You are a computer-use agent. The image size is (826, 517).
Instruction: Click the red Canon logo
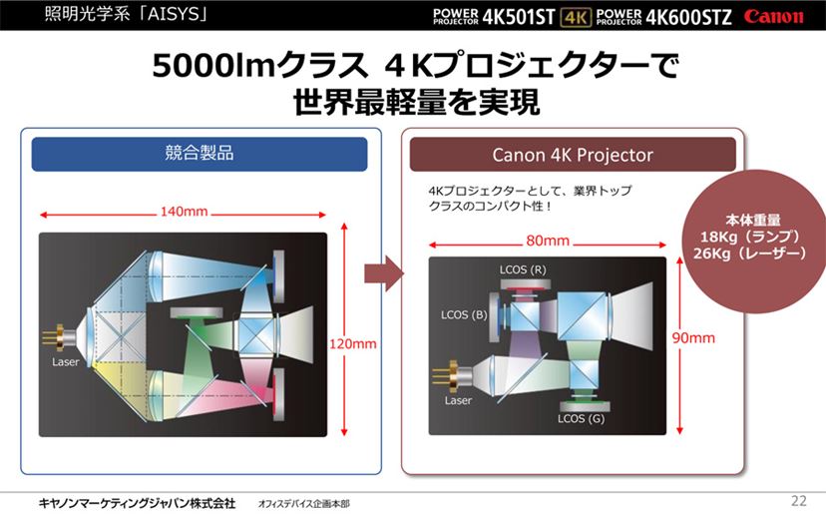click(x=773, y=17)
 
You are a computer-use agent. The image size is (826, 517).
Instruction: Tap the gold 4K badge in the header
click(x=576, y=17)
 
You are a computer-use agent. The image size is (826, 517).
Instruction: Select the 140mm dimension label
click(x=184, y=212)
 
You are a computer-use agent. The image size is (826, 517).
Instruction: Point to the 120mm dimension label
click(x=353, y=344)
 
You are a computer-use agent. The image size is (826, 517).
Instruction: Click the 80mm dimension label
click(x=548, y=241)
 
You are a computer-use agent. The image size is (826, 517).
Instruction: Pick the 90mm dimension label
click(x=693, y=337)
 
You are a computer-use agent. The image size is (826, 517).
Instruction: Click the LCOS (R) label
click(x=523, y=269)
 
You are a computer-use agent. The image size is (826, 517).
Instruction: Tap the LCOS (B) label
click(x=464, y=315)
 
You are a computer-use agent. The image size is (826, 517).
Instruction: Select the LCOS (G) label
click(x=581, y=419)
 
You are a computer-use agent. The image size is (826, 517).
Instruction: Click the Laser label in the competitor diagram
click(x=65, y=362)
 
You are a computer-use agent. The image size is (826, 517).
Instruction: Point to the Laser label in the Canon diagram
click(x=458, y=400)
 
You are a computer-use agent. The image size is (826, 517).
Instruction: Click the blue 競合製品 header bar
click(x=200, y=154)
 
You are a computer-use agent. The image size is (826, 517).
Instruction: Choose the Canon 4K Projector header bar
click(x=573, y=155)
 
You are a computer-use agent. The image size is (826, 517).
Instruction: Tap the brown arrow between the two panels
click(x=383, y=273)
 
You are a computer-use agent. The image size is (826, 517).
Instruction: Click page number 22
click(x=799, y=501)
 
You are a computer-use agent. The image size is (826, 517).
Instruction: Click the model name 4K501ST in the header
click(x=519, y=17)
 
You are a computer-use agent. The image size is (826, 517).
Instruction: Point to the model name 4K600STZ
click(x=688, y=17)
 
